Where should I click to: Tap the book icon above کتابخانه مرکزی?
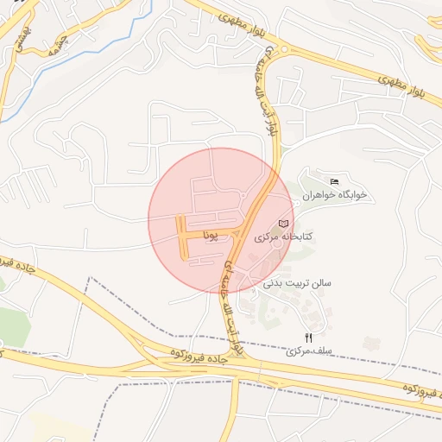click(283, 224)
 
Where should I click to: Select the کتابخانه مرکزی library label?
click(284, 236)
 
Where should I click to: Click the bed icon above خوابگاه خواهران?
click(334, 180)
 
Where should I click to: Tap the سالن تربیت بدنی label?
click(296, 282)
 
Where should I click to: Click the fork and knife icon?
click(308, 338)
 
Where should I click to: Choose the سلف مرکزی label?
click(309, 351)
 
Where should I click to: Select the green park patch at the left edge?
click(12, 326)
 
